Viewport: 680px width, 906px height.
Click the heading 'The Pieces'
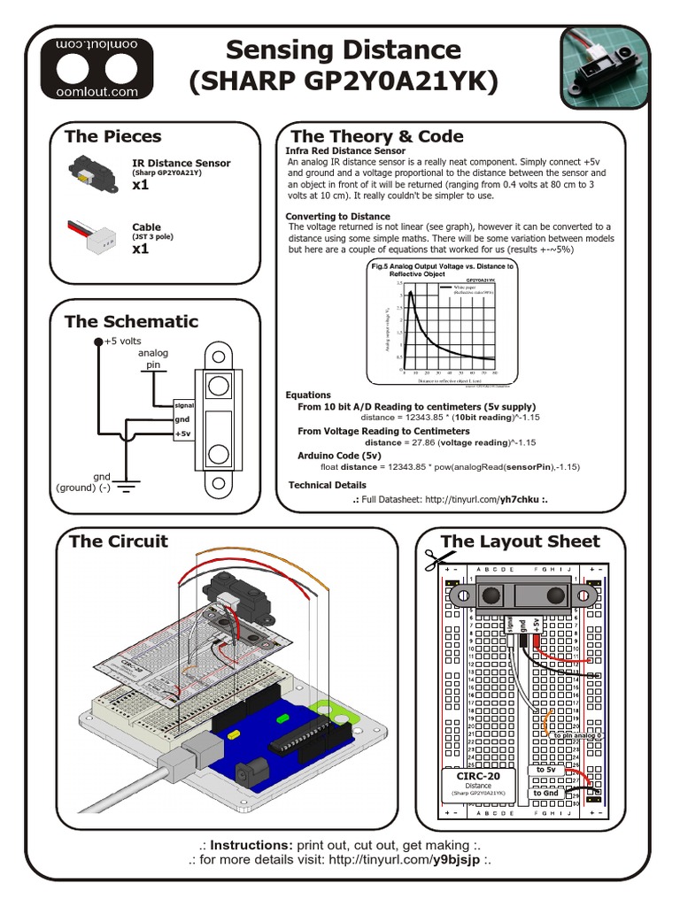tap(112, 136)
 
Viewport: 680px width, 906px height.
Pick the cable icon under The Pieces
tap(91, 234)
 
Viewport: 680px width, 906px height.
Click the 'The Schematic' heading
tap(131, 321)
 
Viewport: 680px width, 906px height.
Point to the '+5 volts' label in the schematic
tap(122, 341)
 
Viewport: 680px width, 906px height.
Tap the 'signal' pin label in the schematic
tap(184, 404)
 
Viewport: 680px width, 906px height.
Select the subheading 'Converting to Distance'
tap(337, 216)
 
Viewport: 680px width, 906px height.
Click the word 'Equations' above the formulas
tap(308, 395)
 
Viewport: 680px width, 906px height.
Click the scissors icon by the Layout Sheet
tap(433, 560)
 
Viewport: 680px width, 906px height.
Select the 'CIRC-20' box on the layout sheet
tap(478, 784)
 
